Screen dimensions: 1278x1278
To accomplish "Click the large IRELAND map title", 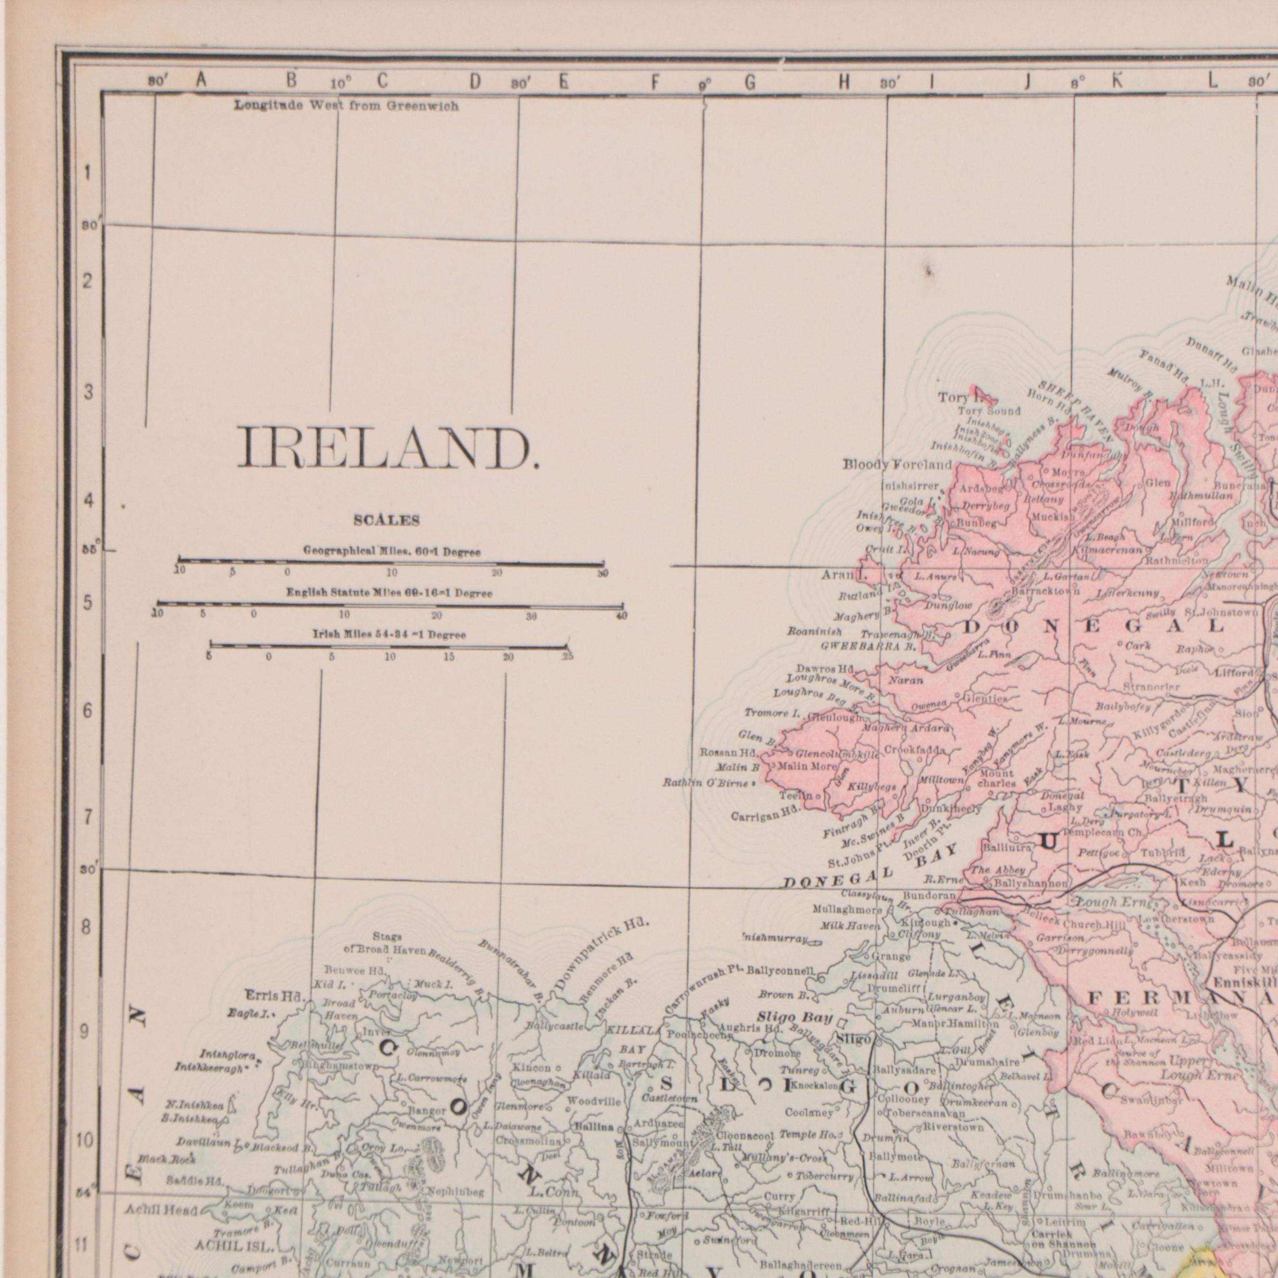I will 388,448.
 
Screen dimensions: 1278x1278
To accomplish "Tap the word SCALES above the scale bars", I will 387,521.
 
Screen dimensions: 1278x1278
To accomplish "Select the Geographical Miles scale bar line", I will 390,563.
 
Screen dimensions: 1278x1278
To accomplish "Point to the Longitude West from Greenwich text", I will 346,106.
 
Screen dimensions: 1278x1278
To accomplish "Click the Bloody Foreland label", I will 897,465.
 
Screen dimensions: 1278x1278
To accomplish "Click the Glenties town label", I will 984,699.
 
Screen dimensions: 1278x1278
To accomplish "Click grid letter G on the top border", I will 750,82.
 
